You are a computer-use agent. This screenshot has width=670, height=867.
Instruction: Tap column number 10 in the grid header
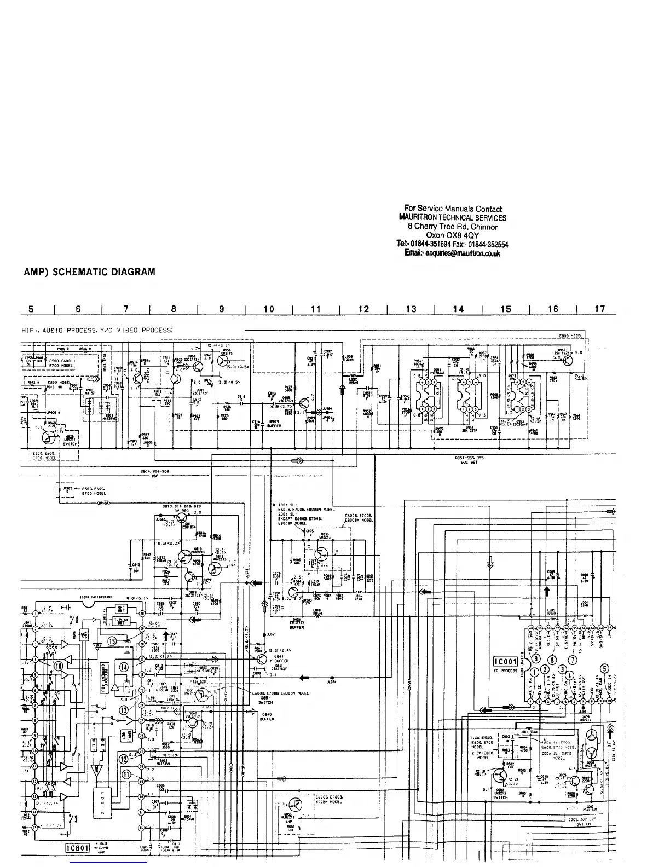[269, 309]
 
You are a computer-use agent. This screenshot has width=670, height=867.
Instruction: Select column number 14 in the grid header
[459, 309]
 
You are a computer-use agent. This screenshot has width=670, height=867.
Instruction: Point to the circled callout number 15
[113, 641]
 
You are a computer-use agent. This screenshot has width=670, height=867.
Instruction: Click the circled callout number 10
[59, 666]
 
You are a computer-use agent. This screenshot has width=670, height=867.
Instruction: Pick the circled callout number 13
[124, 710]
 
